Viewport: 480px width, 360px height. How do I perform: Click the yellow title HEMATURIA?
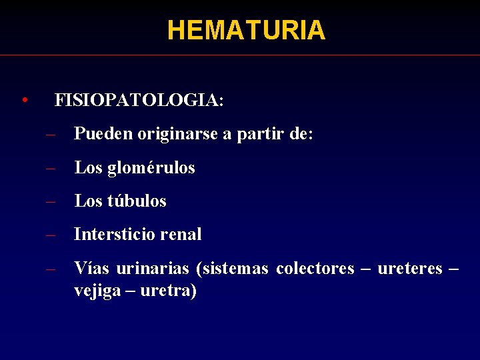click(246, 30)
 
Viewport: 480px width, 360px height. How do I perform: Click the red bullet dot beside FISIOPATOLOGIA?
click(24, 101)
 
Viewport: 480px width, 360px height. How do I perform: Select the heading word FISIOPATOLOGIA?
click(138, 101)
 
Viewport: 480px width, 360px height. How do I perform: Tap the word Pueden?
click(103, 134)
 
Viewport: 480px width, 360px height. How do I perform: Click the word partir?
click(259, 134)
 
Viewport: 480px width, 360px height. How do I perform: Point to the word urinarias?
click(153, 269)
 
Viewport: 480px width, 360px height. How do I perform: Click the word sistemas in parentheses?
click(233, 269)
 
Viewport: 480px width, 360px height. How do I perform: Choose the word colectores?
click(315, 269)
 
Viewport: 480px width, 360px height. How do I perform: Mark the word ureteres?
click(409, 269)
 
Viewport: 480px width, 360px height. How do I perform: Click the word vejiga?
click(93, 292)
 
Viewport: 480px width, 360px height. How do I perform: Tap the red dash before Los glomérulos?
click(50, 168)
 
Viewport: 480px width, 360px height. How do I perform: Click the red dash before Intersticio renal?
click(50, 235)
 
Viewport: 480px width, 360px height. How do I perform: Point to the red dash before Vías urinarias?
click(50, 269)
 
